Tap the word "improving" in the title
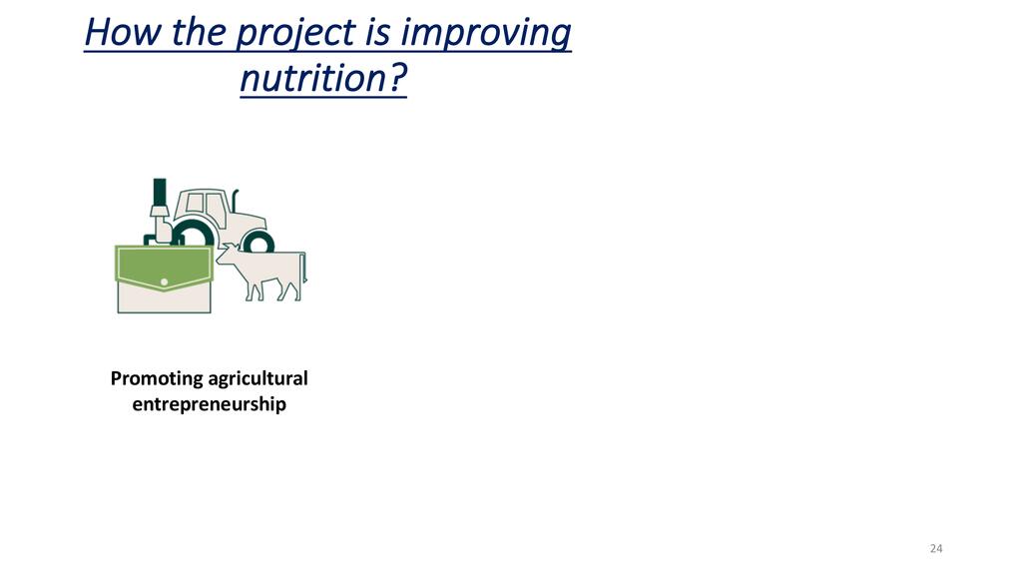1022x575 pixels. pos(486,34)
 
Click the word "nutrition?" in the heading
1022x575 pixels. pos(323,78)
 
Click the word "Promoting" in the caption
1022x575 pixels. pos(157,378)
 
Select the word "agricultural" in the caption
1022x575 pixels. pos(258,378)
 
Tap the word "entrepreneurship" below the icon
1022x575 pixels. pos(210,404)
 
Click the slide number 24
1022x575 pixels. pos(936,548)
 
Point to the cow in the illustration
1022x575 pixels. pos(262,272)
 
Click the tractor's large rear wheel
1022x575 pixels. pos(193,234)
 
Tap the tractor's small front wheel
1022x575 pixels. pos(258,242)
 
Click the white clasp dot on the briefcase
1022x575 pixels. pos(165,282)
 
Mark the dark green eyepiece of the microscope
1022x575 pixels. pos(160,191)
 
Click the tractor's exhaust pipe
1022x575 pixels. pos(236,200)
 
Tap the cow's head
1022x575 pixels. pos(227,253)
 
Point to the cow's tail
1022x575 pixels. pos(304,268)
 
